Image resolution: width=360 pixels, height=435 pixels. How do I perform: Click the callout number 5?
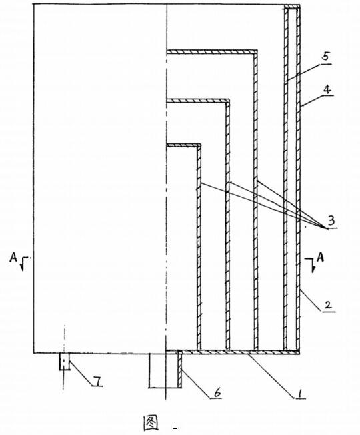325,56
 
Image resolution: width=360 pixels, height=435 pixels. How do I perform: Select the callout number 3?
331,221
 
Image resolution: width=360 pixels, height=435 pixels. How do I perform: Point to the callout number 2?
327,305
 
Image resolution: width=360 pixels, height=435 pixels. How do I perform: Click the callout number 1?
299,393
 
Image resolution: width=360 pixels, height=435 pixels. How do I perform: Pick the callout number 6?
217,392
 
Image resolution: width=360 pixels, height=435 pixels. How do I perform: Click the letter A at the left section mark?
13,258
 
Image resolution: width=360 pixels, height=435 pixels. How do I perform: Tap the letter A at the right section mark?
320,258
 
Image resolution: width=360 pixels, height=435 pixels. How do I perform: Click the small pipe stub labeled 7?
64,361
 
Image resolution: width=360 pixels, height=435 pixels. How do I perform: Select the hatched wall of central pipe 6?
179,369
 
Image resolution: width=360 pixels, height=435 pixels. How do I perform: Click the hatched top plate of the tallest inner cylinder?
212,51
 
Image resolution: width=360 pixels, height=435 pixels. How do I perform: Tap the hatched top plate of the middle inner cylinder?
198,101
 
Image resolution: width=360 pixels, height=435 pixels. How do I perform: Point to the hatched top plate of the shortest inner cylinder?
183,145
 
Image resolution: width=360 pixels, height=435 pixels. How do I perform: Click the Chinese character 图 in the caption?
151,423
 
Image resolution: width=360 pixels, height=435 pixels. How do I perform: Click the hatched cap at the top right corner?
292,7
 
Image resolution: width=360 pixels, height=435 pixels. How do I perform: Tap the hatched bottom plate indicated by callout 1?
240,352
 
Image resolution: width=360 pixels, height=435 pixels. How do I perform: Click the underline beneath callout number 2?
329,312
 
